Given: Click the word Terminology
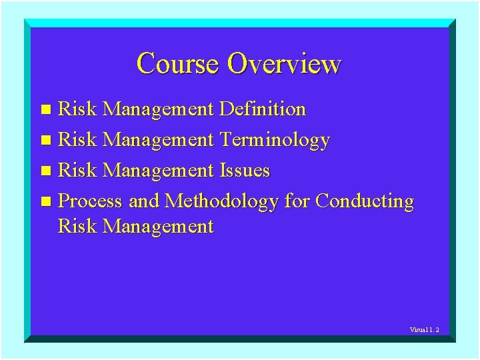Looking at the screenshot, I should (x=274, y=140).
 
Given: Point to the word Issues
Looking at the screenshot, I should (x=244, y=171).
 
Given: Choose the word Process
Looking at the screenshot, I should (x=90, y=201).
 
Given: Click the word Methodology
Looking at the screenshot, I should (x=221, y=201).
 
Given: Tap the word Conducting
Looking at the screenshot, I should (x=365, y=201).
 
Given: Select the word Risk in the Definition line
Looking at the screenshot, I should (x=77, y=109).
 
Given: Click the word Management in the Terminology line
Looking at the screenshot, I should (x=159, y=140).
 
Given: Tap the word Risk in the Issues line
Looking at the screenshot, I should (x=77, y=171).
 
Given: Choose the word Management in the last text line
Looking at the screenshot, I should (x=159, y=227).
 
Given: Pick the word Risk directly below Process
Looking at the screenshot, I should (x=77, y=227).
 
